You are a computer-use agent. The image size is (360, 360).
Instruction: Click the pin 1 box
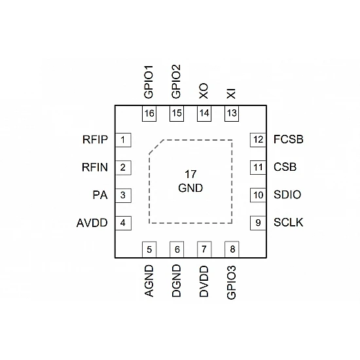[x=122, y=139]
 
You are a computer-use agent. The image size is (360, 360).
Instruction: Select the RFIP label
[x=96, y=139]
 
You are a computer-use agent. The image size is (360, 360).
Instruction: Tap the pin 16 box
[x=150, y=113]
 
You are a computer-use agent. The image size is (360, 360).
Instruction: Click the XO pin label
[x=204, y=91]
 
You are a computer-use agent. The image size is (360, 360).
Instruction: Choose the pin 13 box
[x=231, y=113]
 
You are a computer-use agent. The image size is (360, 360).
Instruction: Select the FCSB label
[x=288, y=139]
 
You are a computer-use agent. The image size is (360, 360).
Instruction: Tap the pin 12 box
[x=258, y=139]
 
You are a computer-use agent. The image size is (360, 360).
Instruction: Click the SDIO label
[x=287, y=195]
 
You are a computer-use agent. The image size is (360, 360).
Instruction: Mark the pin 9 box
[x=258, y=223]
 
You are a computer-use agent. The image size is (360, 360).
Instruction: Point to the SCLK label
[x=288, y=223]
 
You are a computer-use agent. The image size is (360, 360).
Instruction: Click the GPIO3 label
[x=231, y=282]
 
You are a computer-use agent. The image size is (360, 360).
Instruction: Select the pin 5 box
[x=150, y=249]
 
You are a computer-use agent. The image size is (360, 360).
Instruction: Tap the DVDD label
[x=204, y=281]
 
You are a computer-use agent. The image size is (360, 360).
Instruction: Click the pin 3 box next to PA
[x=122, y=195]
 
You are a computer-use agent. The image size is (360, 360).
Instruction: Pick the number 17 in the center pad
[x=190, y=175]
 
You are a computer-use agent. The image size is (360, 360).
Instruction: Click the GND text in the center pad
[x=190, y=188]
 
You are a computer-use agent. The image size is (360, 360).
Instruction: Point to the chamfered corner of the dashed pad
[x=156, y=147]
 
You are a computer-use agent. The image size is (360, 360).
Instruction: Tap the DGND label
[x=177, y=281]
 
